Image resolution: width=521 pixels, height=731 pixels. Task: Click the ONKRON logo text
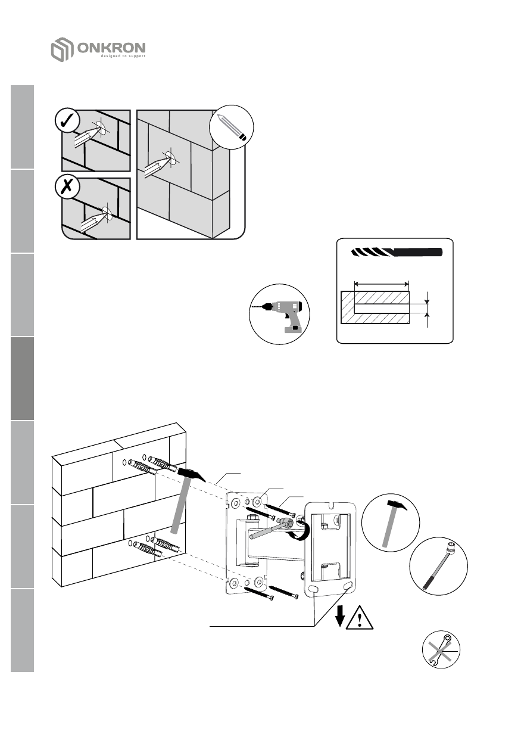point(111,48)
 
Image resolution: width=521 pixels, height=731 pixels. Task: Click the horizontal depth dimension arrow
point(381,284)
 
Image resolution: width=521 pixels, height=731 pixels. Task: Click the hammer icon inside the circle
point(391,518)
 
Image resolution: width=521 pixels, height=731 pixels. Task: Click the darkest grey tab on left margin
point(21,378)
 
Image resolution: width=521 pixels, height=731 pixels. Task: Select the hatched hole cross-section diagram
point(375,307)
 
